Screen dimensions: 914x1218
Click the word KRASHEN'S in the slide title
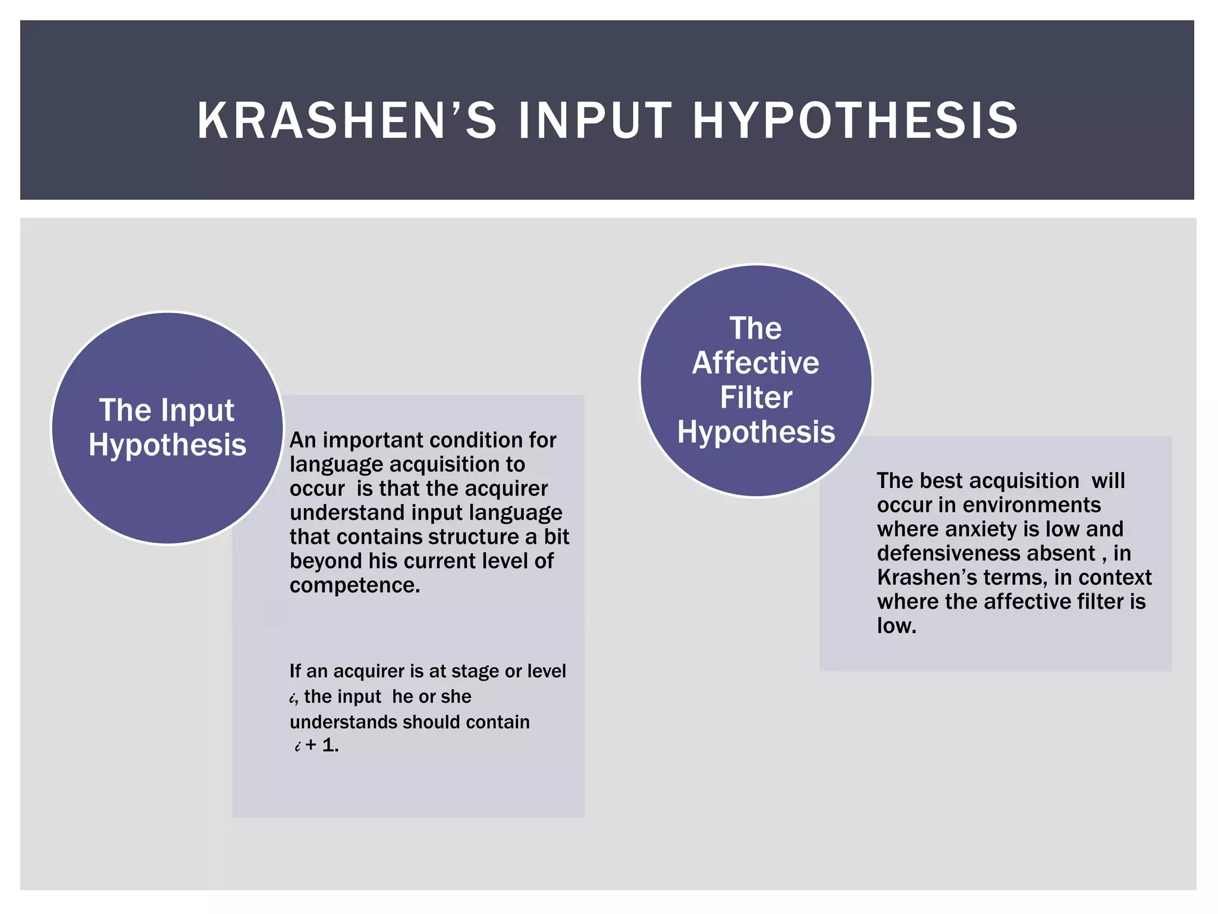point(347,121)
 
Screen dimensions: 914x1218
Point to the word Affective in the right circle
point(755,363)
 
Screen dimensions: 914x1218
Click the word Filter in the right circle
point(756,397)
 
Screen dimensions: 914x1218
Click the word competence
point(354,586)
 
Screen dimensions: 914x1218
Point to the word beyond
point(325,561)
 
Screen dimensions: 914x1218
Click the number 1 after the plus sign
point(329,745)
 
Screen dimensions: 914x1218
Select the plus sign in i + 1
point(311,745)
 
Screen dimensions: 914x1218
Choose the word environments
point(1031,505)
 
